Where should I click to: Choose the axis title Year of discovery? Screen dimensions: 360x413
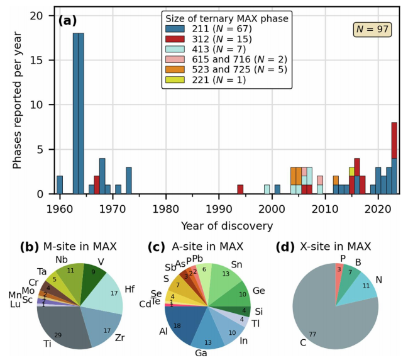point(218,225)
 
